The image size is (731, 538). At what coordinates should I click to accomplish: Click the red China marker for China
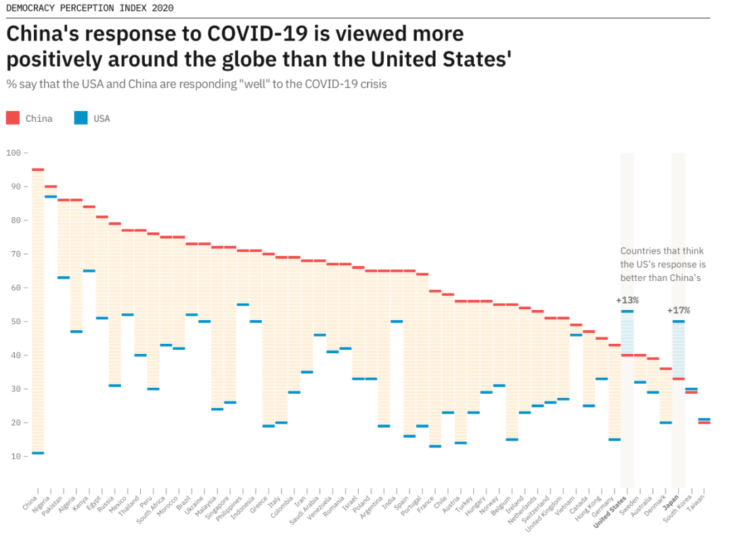coord(38,169)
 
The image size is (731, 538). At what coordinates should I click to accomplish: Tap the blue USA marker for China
coord(38,453)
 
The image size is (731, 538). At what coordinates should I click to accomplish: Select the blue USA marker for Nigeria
coord(51,196)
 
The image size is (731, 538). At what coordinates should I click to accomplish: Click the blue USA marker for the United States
coord(627,311)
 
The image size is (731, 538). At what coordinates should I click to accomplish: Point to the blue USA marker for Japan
coord(678,321)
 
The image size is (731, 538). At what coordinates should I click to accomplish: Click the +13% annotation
coord(627,300)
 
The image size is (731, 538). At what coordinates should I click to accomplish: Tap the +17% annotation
coord(678,310)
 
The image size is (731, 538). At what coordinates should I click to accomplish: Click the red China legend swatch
coord(13,118)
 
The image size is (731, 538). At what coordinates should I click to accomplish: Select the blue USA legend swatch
coord(81,118)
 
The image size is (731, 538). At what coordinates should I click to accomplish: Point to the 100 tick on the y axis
coord(14,153)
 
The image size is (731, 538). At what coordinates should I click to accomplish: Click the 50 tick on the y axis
coord(14,321)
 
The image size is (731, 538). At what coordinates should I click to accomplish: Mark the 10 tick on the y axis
coord(14,456)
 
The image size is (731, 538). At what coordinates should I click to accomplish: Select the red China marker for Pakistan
coord(64,200)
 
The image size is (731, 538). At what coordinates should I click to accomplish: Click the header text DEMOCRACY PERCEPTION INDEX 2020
coord(89,8)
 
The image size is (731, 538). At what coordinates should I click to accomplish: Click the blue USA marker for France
coord(435,446)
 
